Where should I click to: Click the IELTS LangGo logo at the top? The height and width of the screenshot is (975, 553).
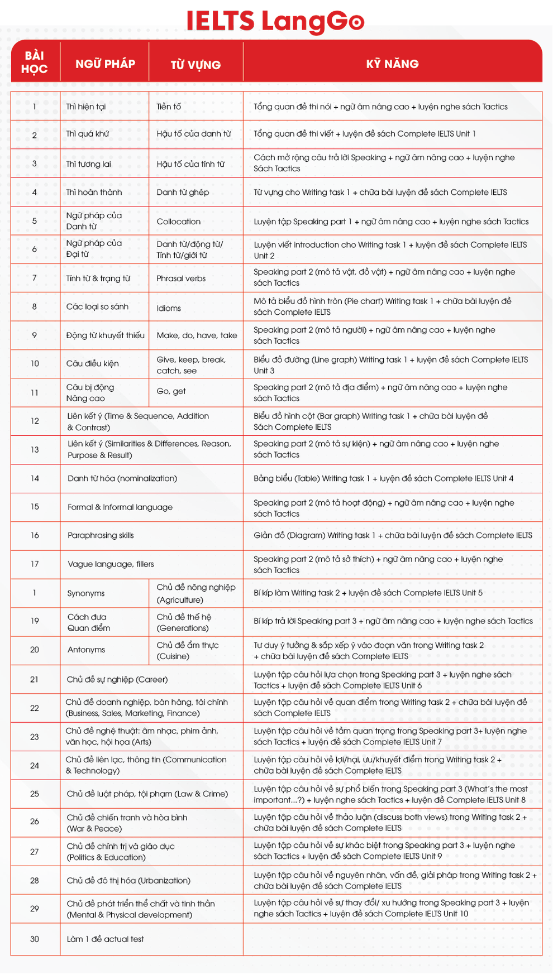[x=276, y=20]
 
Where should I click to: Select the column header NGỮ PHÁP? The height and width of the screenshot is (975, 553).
[x=105, y=64]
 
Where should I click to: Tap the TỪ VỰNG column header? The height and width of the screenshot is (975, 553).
[x=196, y=65]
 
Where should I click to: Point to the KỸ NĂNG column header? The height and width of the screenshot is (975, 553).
[x=392, y=64]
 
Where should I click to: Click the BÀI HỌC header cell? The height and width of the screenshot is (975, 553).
[x=34, y=62]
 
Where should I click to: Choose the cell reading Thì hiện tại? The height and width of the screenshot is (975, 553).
[x=86, y=107]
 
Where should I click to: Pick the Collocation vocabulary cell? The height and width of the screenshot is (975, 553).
[x=178, y=222]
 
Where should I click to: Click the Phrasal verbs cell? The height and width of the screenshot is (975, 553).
[x=181, y=278]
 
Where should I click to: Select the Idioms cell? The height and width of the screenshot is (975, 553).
[x=169, y=308]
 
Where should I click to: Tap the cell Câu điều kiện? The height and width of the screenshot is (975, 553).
[x=92, y=363]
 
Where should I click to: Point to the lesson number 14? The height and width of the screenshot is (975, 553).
[x=35, y=478]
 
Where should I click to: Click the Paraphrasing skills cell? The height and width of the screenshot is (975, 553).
[x=101, y=535]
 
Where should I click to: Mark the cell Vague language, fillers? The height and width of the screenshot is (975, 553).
[x=111, y=564]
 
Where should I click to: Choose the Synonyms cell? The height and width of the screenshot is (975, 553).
[x=86, y=593]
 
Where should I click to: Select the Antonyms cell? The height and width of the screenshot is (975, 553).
[x=86, y=650]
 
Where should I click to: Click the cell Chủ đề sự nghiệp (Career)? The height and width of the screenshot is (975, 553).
[x=117, y=679]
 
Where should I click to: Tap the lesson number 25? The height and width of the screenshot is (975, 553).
[x=35, y=794]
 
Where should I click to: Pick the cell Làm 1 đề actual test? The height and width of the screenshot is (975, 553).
[x=105, y=939]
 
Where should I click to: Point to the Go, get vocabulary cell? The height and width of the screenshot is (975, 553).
[x=171, y=391]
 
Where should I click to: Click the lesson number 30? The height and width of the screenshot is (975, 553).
[x=35, y=939]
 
